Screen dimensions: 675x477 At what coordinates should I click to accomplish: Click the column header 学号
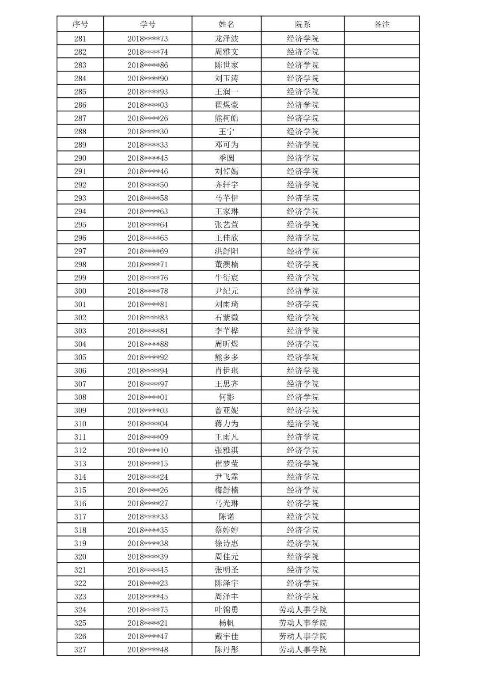point(148,24)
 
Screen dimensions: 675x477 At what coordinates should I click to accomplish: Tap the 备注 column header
point(382,24)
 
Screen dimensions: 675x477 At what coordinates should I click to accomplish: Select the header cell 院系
point(303,24)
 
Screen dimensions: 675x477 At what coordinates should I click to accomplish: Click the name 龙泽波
point(226,38)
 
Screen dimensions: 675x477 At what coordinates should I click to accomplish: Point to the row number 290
point(80,158)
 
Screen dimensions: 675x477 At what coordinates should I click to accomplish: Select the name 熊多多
point(226,357)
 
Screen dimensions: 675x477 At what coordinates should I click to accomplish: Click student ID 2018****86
point(148,65)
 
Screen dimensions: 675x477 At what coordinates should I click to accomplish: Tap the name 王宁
point(226,132)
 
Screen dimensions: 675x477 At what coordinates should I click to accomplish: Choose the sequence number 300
point(80,291)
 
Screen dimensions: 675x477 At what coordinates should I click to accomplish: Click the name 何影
point(226,397)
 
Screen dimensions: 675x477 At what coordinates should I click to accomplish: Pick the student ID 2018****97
point(148,384)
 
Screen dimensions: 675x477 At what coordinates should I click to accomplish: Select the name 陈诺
point(226,517)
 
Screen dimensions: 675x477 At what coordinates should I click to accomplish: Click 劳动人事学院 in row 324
point(303,610)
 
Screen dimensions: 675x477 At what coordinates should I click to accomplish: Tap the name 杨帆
point(226,623)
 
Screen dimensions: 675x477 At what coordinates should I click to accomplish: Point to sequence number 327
point(80,649)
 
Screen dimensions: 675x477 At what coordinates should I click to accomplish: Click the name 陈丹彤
point(226,649)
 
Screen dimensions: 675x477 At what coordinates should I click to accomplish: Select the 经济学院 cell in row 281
point(303,38)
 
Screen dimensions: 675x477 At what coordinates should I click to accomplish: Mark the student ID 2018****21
point(148,623)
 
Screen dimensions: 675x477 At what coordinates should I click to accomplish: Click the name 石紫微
point(226,318)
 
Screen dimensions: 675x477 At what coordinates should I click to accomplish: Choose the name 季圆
point(226,158)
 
